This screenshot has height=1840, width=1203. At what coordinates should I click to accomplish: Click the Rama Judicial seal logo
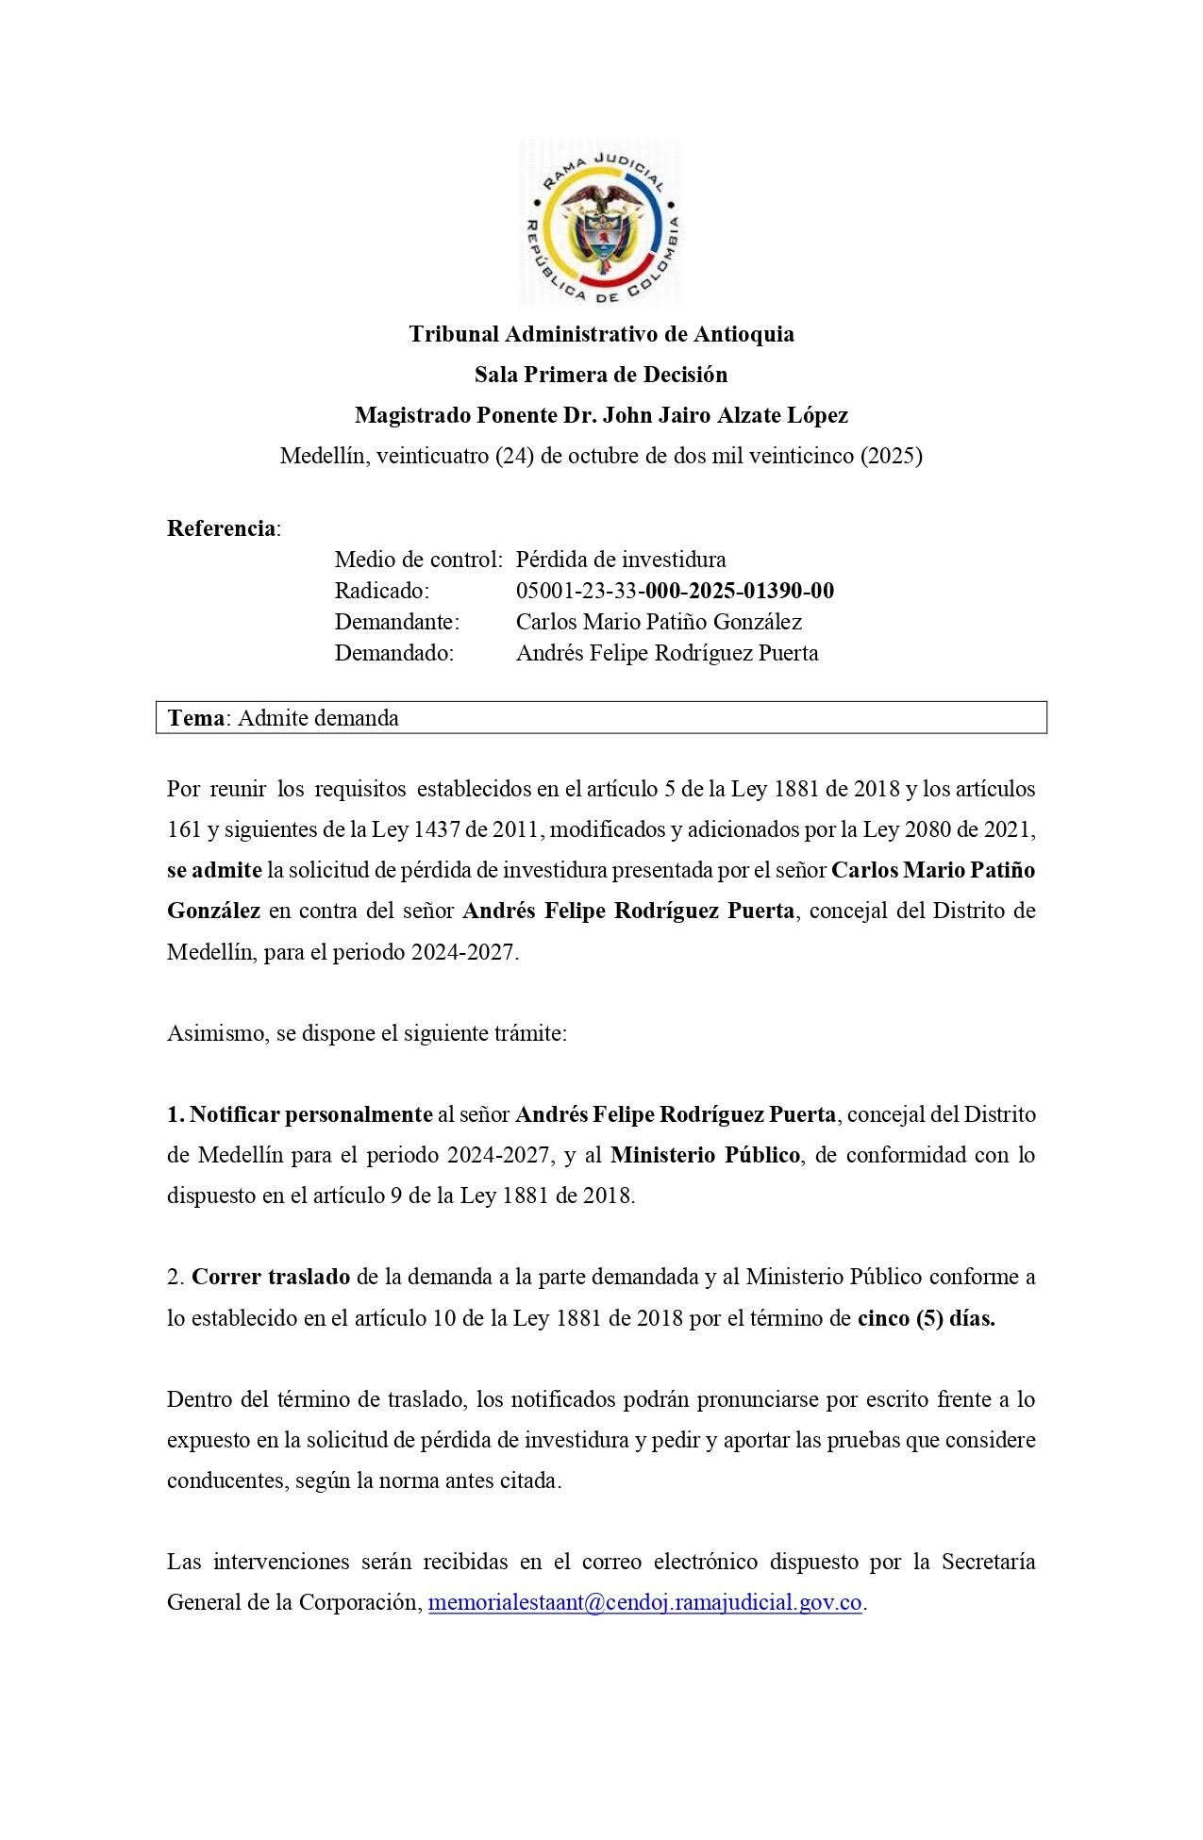click(x=601, y=223)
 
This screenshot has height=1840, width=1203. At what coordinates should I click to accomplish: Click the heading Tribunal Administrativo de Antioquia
click(x=601, y=334)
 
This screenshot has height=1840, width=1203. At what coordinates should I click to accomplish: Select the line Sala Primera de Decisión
click(x=601, y=375)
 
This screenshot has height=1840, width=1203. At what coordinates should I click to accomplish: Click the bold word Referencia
click(x=222, y=528)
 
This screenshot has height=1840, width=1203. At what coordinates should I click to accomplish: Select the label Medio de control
click(x=417, y=560)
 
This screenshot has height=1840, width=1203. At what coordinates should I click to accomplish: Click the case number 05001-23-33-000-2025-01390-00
click(x=675, y=591)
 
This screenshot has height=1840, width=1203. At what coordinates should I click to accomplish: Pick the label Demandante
click(x=396, y=622)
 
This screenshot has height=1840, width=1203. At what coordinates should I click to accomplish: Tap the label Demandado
click(x=394, y=653)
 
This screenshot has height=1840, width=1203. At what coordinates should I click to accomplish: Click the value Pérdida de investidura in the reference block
click(x=621, y=560)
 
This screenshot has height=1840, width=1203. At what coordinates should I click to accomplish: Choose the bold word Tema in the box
click(x=196, y=718)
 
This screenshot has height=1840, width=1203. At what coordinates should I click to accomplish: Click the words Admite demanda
click(x=318, y=718)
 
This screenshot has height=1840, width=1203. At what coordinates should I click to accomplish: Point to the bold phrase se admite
click(x=214, y=870)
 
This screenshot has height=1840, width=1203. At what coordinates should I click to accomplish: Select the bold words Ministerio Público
click(x=705, y=1155)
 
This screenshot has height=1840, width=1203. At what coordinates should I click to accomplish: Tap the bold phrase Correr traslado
click(x=271, y=1277)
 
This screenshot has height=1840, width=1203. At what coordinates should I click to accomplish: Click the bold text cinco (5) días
click(x=926, y=1318)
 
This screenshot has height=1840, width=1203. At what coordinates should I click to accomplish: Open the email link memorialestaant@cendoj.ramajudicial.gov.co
click(x=645, y=1603)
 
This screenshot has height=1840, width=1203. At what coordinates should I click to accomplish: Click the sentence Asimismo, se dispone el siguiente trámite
click(x=367, y=1033)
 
